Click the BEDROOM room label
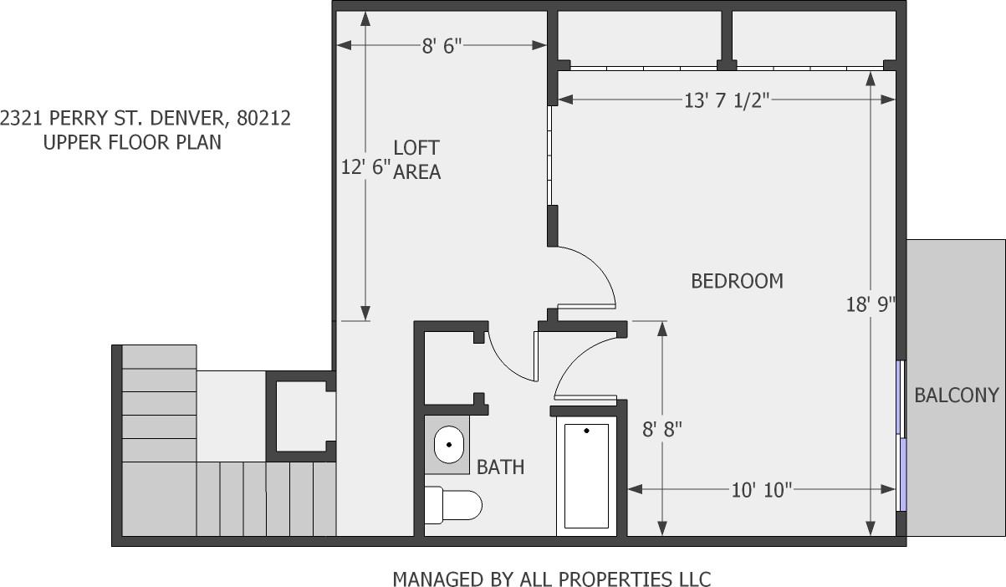tap(737, 281)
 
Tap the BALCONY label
tap(956, 396)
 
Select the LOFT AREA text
tap(416, 160)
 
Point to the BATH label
tap(500, 467)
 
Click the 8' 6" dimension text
tap(442, 46)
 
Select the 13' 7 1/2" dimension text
tap(726, 101)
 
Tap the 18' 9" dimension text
tap(870, 304)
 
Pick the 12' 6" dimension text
tap(365, 167)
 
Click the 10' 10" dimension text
tap(761, 490)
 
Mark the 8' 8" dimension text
tap(662, 430)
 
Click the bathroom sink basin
tap(449, 443)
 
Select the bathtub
tap(586, 476)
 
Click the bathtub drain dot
tap(586, 431)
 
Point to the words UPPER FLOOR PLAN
tap(132, 142)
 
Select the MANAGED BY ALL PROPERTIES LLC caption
tap(551, 579)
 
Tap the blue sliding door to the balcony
tap(901, 435)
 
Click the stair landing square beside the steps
tap(231, 415)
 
